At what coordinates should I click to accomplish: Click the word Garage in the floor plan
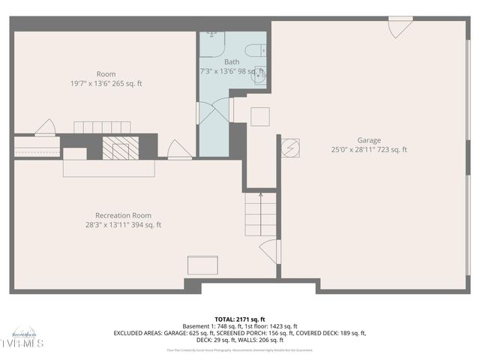[x=368, y=140]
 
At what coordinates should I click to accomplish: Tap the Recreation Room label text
[x=123, y=215]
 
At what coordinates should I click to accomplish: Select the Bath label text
[x=232, y=61]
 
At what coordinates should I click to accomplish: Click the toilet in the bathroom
[x=256, y=51]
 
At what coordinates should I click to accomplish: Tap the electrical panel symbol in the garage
[x=290, y=148]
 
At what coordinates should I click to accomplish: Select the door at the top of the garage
[x=400, y=28]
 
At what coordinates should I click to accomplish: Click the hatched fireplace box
[x=120, y=148]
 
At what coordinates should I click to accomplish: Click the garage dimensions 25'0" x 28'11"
[x=368, y=150]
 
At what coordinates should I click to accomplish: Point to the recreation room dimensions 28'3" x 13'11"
[x=123, y=225]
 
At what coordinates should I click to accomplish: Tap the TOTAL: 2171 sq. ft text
[x=239, y=318]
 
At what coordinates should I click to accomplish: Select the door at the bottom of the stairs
[x=270, y=251]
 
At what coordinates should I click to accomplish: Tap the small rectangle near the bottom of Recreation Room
[x=202, y=265]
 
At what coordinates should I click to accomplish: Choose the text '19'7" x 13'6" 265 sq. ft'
[x=106, y=83]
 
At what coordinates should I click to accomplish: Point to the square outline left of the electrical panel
[x=259, y=116]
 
